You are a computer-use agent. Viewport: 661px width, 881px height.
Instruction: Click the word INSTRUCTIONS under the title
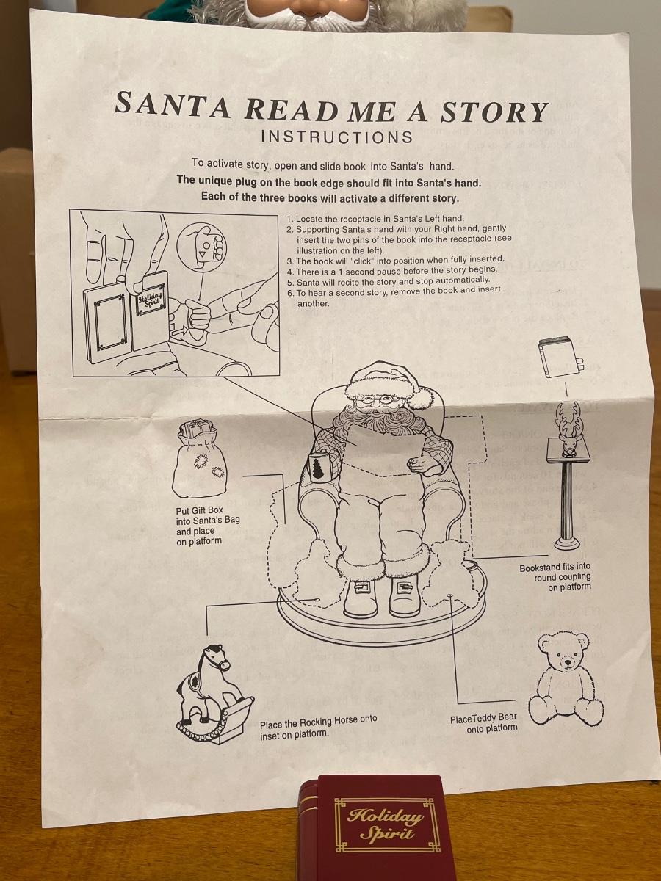336,137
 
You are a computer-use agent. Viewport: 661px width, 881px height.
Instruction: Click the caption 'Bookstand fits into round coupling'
555,577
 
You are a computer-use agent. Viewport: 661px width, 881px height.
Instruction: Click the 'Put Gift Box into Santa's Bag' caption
208,526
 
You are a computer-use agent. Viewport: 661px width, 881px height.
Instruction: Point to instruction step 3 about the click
395,260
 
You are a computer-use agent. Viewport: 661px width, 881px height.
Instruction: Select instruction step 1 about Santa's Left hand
375,219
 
